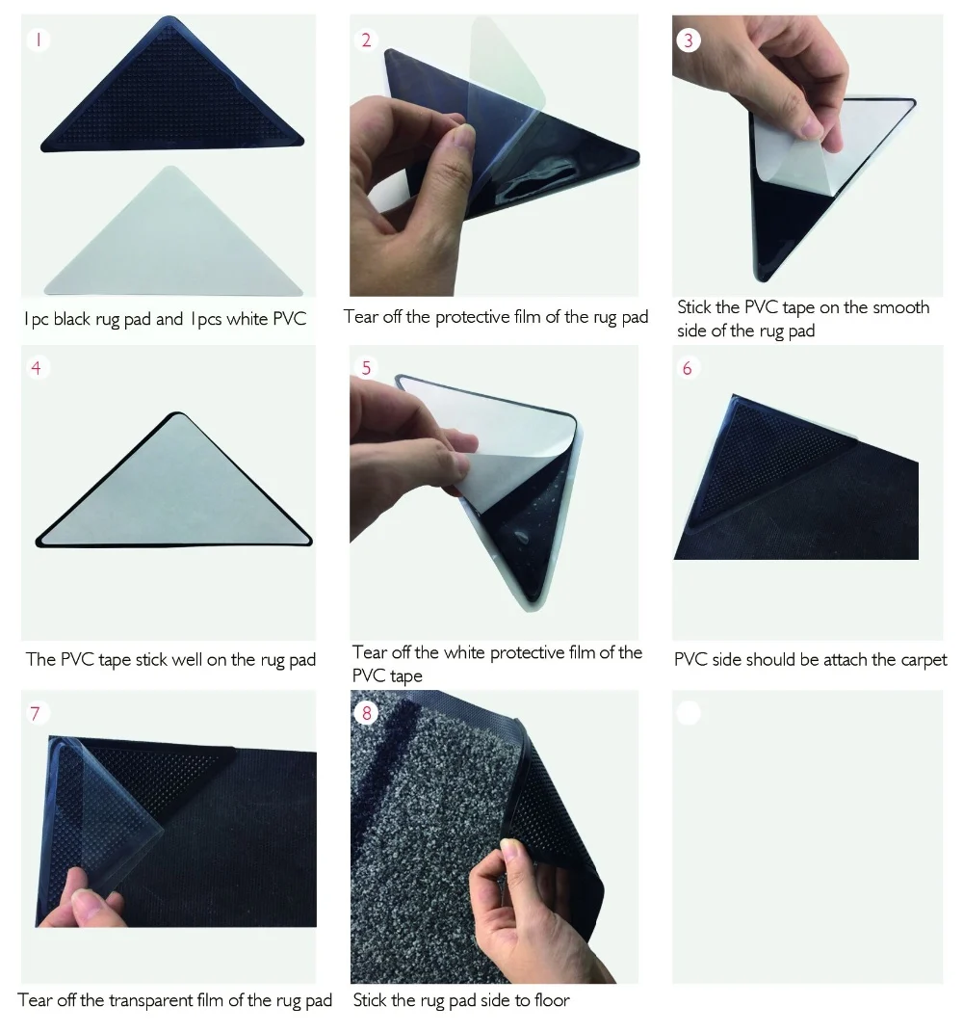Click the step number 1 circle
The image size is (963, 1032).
pyautogui.click(x=39, y=40)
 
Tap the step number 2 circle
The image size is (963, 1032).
pyautogui.click(x=366, y=40)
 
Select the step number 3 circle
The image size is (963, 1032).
pyautogui.click(x=688, y=40)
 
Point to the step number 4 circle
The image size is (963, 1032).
pyautogui.click(x=37, y=368)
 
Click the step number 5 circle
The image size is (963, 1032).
pyautogui.click(x=366, y=368)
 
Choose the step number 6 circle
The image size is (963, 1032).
pyautogui.click(x=688, y=368)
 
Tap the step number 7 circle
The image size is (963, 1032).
pyautogui.click(x=37, y=713)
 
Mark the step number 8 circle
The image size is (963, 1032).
pyautogui.click(x=366, y=713)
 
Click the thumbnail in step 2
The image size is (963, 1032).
pyautogui.click(x=494, y=155)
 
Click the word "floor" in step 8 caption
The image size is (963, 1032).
pyautogui.click(x=552, y=1000)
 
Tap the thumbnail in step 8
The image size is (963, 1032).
pyautogui.click(x=494, y=836)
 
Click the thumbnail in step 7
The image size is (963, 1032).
pyautogui.click(x=169, y=836)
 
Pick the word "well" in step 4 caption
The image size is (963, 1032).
pyautogui.click(x=187, y=659)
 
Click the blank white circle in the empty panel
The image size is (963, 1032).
pyautogui.click(x=688, y=713)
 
